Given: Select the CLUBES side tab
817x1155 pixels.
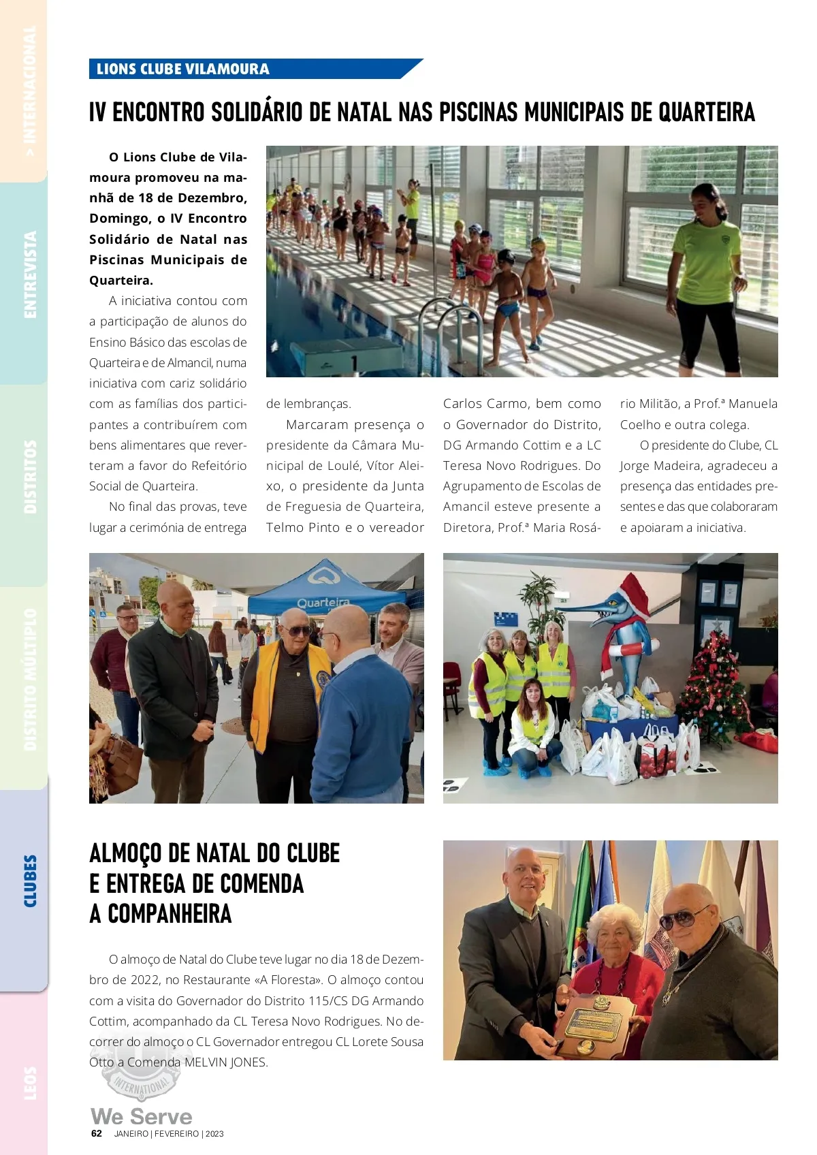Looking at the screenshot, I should point(29,881).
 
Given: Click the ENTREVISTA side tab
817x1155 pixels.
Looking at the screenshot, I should point(29,274).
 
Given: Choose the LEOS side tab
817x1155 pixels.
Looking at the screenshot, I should point(29,1083).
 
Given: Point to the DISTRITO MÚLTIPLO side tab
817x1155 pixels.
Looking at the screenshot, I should point(29,679).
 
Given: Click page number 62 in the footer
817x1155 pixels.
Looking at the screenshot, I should point(97,1134).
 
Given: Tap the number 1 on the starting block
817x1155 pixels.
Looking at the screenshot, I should point(353,362).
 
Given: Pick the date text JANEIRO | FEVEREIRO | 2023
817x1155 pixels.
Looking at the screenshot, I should point(169,1134).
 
